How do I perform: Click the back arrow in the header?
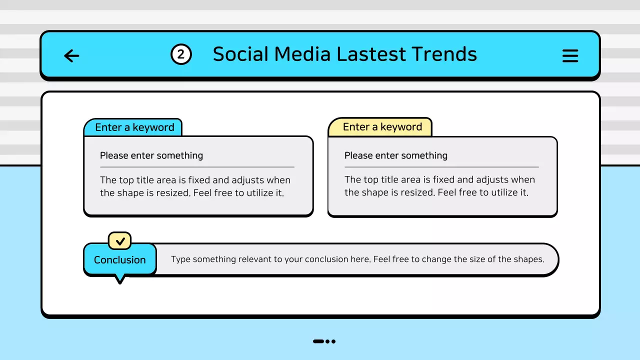[x=71, y=55]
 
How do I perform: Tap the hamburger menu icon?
[x=570, y=55]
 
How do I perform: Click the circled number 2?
[x=181, y=54]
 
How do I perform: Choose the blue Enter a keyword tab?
[x=134, y=127]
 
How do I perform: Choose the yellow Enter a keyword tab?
[x=382, y=127]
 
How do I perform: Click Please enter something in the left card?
[x=151, y=155]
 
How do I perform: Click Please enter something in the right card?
[x=395, y=155]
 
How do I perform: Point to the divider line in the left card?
[x=197, y=167]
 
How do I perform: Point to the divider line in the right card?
[x=441, y=167]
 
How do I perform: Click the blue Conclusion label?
[x=120, y=260]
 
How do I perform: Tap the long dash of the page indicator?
[x=318, y=341]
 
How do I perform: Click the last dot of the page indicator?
[x=333, y=341]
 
